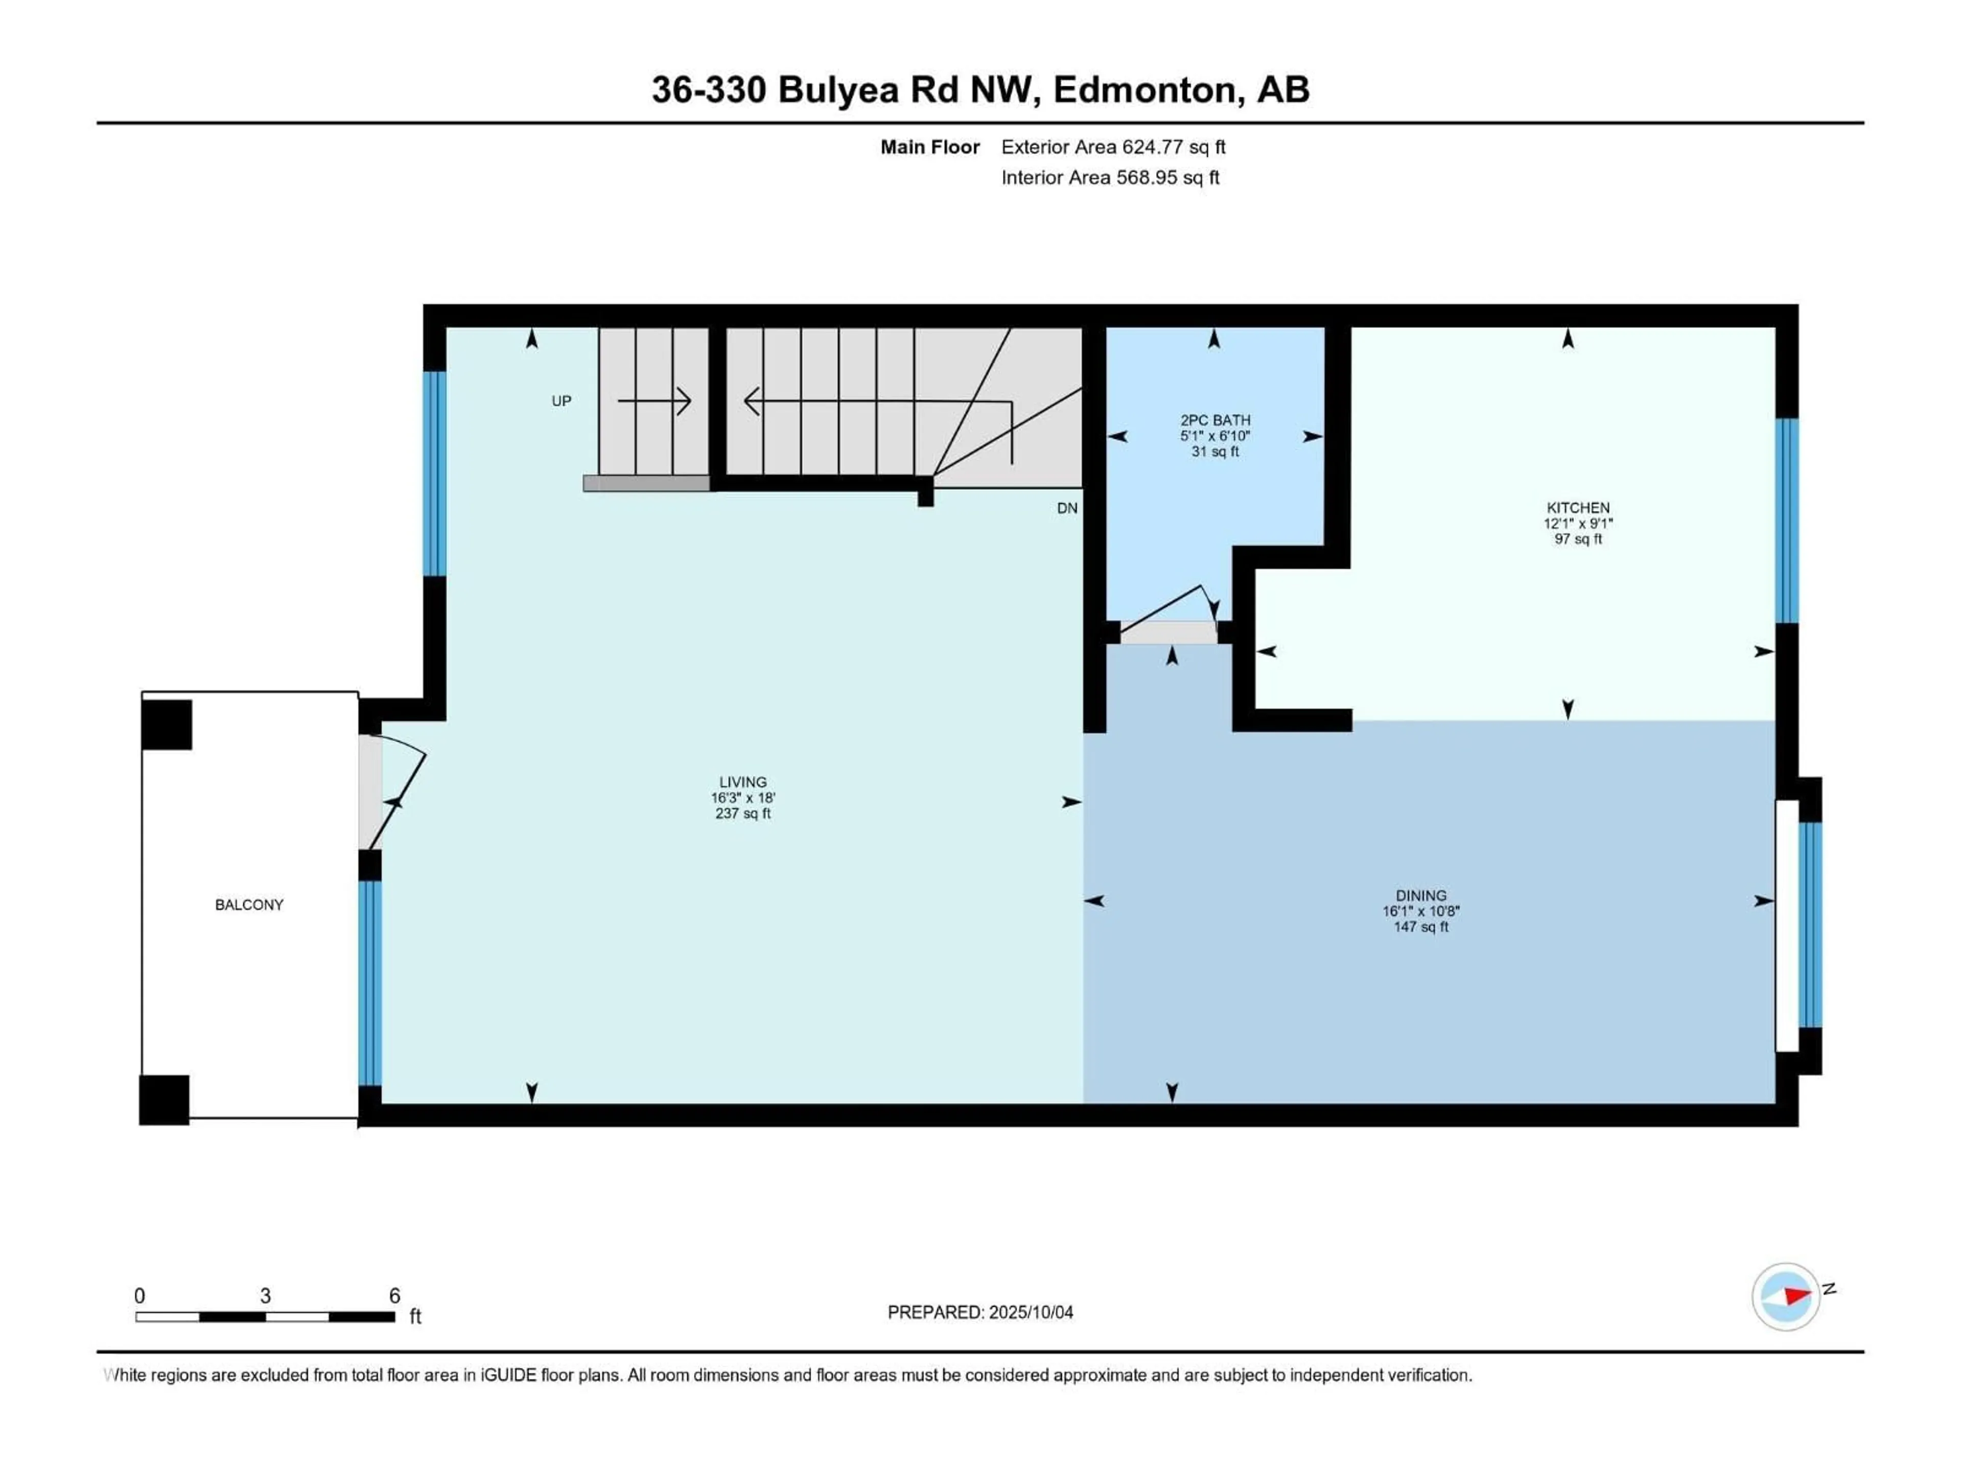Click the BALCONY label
[x=249, y=905]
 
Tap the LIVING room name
[x=742, y=782]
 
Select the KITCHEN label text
[x=1578, y=507]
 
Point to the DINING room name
[x=1421, y=895]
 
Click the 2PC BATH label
[x=1215, y=420]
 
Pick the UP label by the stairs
[x=562, y=401]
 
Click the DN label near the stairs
[x=1067, y=508]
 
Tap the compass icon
[x=1786, y=1296]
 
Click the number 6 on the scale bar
[x=395, y=1295]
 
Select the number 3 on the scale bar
[x=265, y=1295]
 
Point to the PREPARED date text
[x=980, y=1312]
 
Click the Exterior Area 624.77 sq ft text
[x=1113, y=147]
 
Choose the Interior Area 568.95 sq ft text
[x=1110, y=177]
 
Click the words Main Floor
[x=929, y=147]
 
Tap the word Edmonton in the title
[x=1143, y=89]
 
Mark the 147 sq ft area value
[x=1421, y=927]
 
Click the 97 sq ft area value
[x=1578, y=538]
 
